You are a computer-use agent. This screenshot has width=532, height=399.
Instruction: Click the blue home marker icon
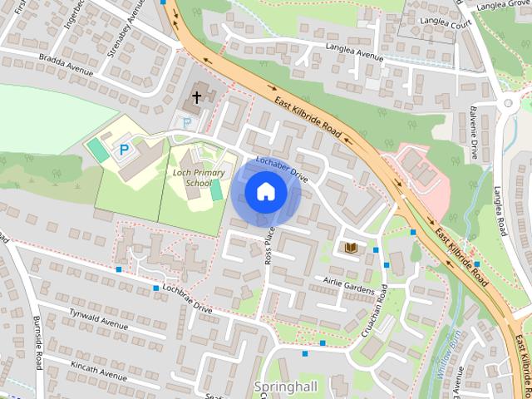coord(265,192)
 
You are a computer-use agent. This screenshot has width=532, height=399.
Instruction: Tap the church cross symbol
coord(197,97)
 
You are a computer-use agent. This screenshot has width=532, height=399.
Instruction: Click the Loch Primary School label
coord(187,177)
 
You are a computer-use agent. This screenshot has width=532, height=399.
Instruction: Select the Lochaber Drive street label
coord(282,169)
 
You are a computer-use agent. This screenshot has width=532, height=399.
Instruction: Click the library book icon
coord(351,247)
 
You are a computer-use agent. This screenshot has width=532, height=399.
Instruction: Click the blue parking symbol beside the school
coord(125,150)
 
